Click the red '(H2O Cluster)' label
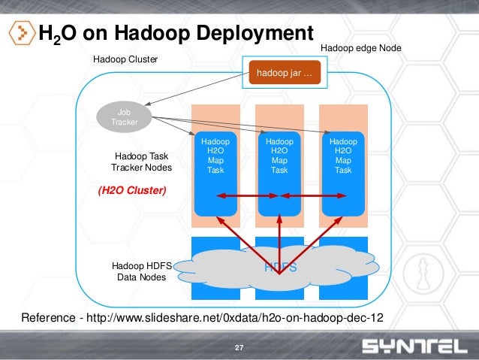132,191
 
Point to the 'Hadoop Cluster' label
125,59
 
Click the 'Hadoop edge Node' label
361,47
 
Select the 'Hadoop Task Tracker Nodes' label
141,162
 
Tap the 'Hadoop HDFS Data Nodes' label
141,271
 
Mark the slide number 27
239,347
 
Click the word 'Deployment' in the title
255,33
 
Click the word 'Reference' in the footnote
46,317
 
